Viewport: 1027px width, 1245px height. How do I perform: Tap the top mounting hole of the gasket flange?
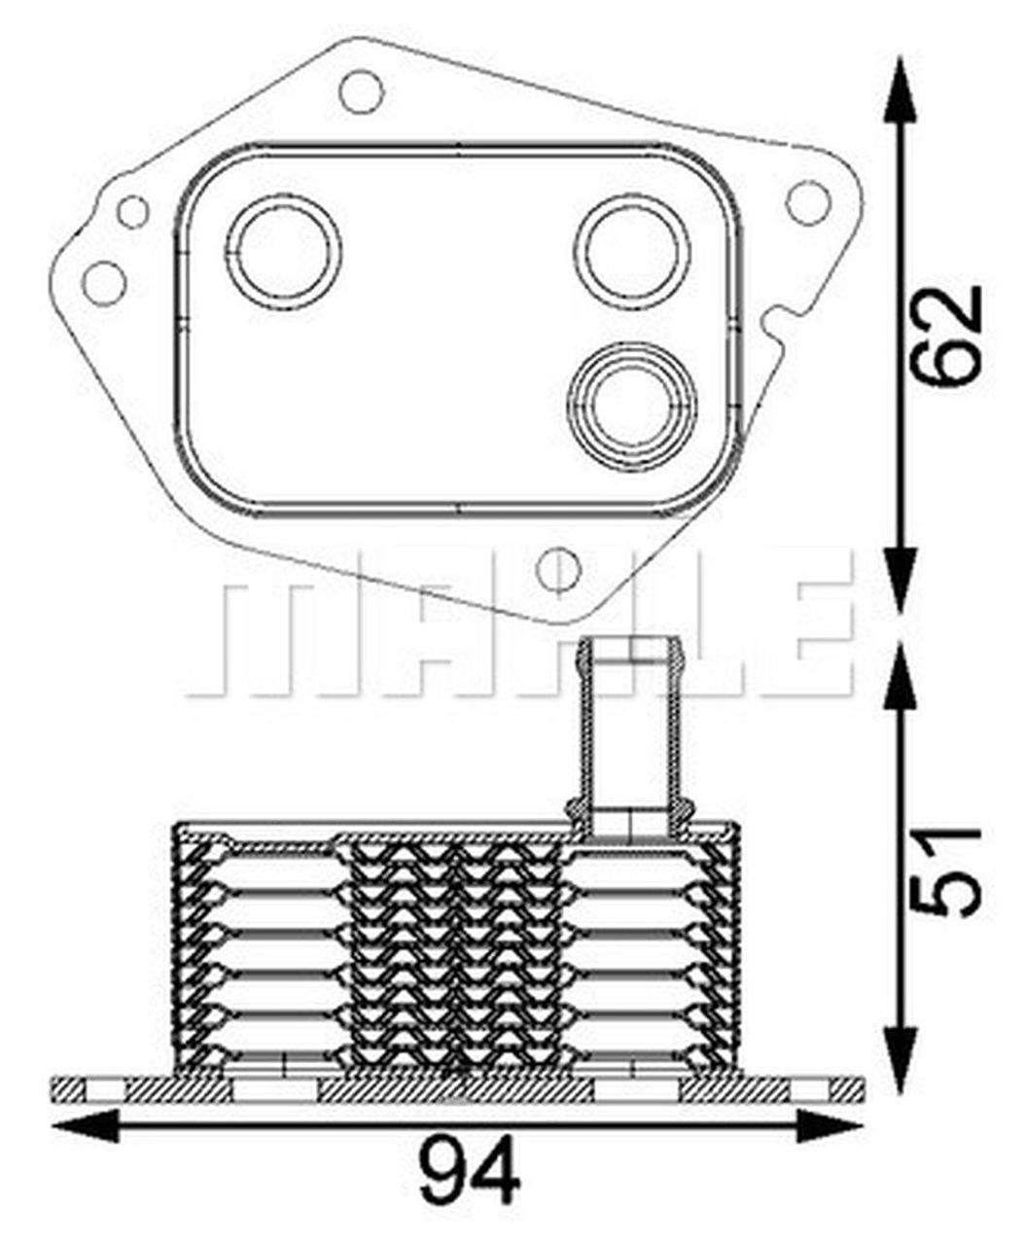(362, 92)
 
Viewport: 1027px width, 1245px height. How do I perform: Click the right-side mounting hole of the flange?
(808, 202)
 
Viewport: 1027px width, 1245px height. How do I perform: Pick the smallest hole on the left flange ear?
(132, 211)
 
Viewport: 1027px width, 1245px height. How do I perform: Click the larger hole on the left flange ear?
(104, 282)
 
